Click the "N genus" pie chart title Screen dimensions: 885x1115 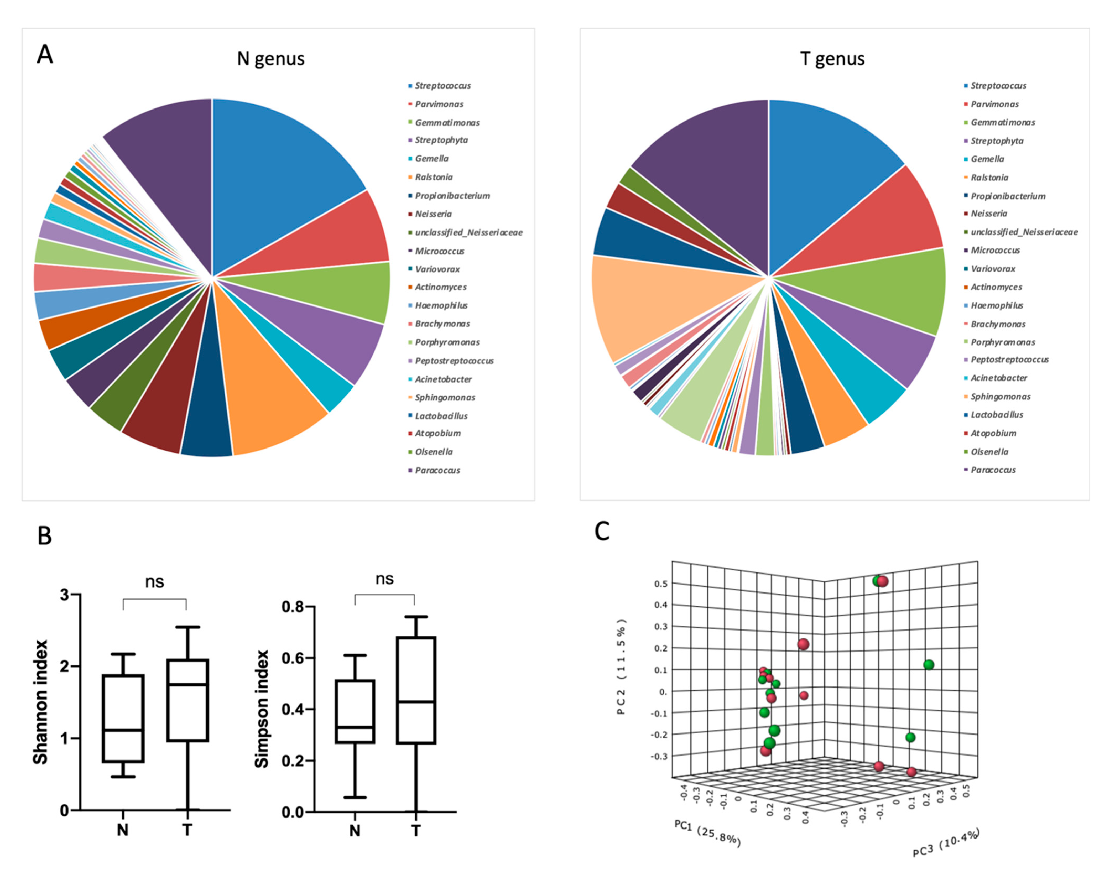point(270,59)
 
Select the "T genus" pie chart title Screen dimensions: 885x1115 point(832,59)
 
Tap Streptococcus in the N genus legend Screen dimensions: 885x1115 point(443,85)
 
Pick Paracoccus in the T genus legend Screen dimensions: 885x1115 point(993,470)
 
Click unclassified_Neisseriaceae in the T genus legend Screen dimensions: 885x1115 point(1024,232)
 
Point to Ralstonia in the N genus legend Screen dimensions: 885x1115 point(433,177)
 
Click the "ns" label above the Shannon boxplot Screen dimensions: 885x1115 point(154,582)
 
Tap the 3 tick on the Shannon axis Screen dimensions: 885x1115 point(65,595)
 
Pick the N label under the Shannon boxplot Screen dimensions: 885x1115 point(123,830)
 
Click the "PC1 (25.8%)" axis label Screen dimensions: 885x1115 point(707,833)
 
